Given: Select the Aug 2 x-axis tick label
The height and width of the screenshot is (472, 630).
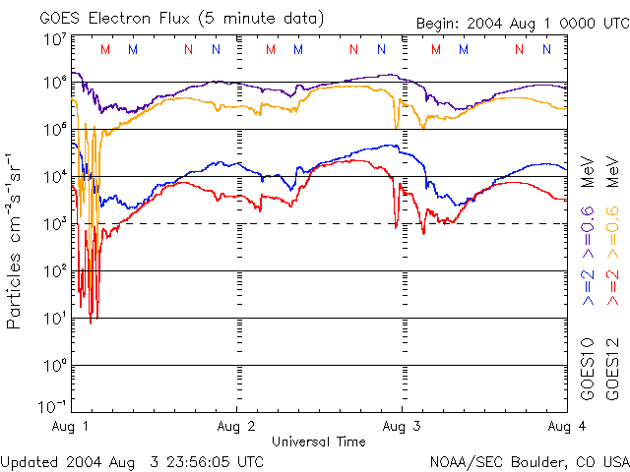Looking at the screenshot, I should click(x=236, y=427).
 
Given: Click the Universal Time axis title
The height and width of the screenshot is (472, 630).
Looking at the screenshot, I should click(x=318, y=442).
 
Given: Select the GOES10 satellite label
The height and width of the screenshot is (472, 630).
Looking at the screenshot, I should click(x=588, y=368).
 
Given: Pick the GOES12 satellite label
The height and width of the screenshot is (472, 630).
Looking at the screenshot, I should click(x=610, y=368).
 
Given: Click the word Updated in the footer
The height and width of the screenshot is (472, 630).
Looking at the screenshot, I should click(x=31, y=460).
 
